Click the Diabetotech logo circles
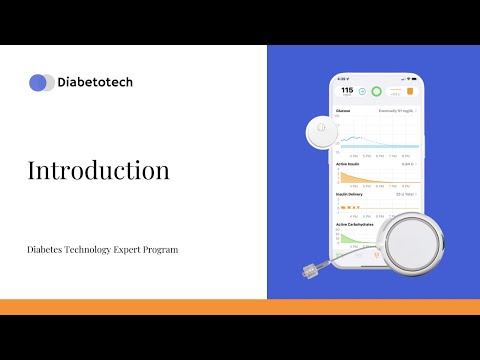tap(42, 83)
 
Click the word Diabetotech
tap(96, 83)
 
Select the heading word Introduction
tap(98, 170)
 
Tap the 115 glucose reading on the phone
tap(346, 91)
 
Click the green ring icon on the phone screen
tap(376, 92)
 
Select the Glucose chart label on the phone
tap(344, 111)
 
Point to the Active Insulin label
tap(349, 164)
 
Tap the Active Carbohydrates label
tap(355, 224)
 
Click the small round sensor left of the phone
tap(321, 129)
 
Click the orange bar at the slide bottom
tap(240, 307)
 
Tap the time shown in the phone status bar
tap(343, 78)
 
